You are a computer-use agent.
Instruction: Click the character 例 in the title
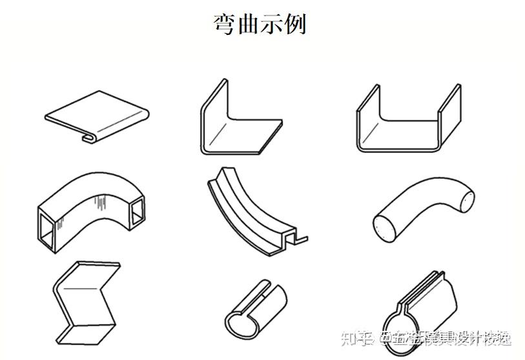pos(294,24)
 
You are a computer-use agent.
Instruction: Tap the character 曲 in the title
pos(248,24)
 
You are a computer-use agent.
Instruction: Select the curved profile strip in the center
pos(252,213)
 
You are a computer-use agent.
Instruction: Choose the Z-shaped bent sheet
pos(87,300)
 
